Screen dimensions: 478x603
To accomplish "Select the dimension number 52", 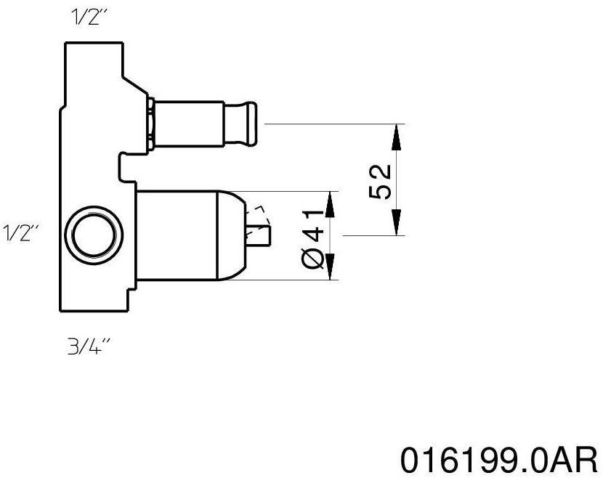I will point(381,181).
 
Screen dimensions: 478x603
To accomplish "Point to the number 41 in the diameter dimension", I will point(313,222).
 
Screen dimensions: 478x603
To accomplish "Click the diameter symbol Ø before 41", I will point(313,258).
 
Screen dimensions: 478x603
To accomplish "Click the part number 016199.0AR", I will point(500,459).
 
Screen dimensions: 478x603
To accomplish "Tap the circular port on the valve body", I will point(92,236).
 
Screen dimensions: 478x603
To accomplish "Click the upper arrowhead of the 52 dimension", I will point(396,137).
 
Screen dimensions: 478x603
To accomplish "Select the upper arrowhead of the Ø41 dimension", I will point(330,205).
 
